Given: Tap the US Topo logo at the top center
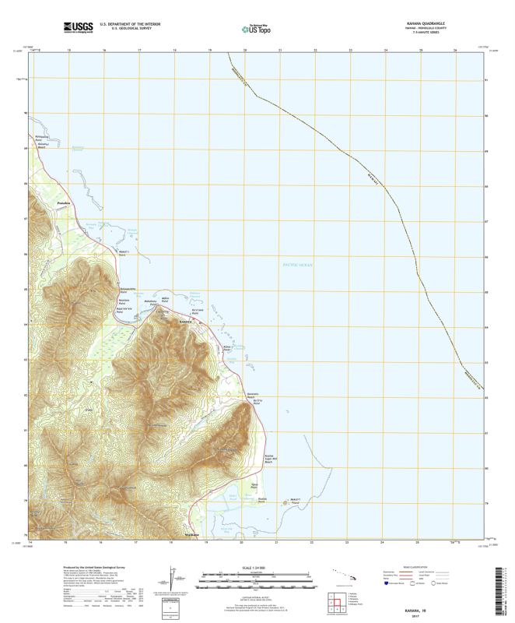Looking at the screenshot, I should pos(257,29).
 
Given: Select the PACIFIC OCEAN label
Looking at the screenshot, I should pos(296,266).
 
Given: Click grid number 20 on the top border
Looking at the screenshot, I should pos(244,51).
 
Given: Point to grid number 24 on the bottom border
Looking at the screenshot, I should pos(385,540).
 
